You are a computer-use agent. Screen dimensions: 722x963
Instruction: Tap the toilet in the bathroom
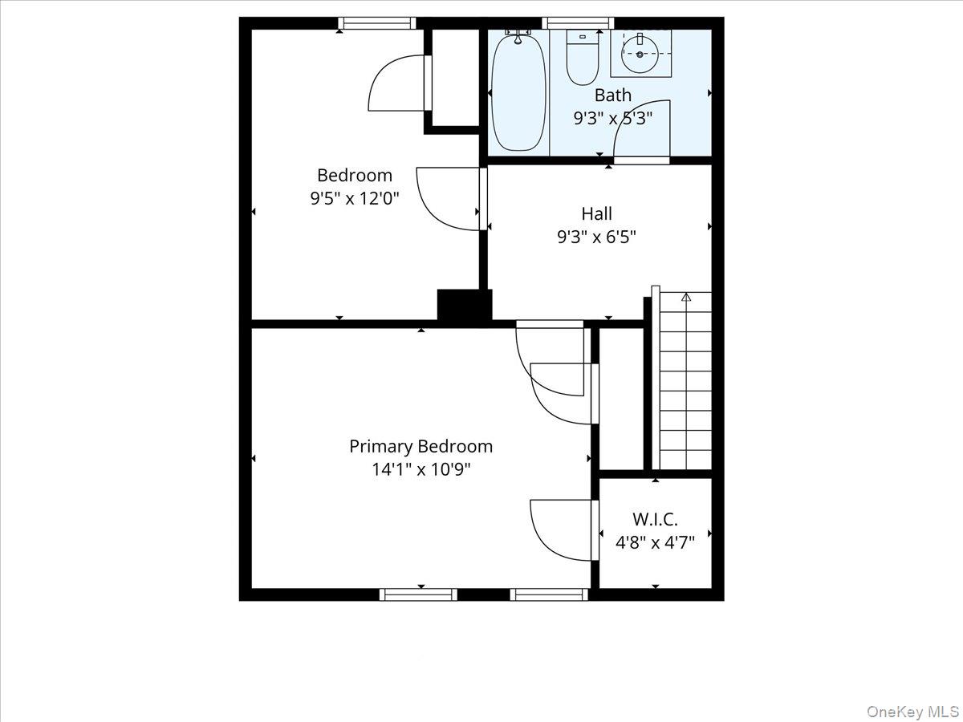(581, 58)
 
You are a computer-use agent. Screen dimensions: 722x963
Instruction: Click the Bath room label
(613, 95)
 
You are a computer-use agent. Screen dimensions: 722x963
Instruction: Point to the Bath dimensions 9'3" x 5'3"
(612, 119)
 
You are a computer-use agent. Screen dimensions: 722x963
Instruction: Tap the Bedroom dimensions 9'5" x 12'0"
(355, 198)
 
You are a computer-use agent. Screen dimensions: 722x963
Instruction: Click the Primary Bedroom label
(421, 446)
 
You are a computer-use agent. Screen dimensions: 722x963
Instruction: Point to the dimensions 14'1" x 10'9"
(421, 469)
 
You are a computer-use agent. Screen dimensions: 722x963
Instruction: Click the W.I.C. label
(655, 519)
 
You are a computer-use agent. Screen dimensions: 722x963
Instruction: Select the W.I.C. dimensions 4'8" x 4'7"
(655, 542)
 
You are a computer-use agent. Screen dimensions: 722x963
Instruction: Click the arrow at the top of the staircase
(686, 298)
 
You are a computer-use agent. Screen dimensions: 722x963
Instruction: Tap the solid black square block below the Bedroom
(464, 306)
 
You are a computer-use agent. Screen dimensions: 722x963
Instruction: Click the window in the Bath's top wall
(578, 23)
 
